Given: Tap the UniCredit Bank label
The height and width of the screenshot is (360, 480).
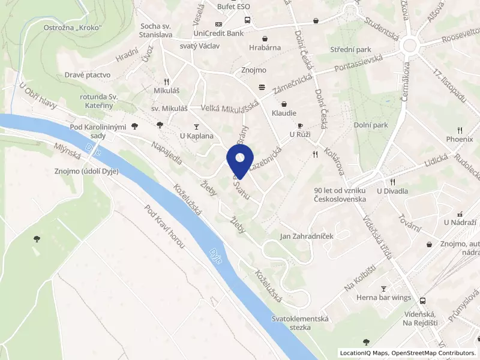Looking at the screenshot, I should (218, 33).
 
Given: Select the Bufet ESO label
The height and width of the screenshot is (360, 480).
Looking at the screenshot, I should (234, 6).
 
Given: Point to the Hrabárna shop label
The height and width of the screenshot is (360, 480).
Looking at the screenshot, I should (265, 47).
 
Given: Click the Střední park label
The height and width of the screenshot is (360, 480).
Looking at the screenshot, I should (350, 49).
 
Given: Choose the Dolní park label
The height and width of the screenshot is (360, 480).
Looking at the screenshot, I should (372, 125).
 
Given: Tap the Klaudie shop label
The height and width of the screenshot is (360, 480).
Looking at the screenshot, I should (284, 112).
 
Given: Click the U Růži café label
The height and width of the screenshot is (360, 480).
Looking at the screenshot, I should (300, 134).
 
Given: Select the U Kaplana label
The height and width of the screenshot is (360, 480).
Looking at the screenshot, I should (197, 136).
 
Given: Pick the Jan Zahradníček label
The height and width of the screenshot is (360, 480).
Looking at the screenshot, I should (307, 236).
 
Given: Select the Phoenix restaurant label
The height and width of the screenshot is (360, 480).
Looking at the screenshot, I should (460, 139).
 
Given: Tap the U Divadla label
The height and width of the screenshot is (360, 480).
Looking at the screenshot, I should (392, 191).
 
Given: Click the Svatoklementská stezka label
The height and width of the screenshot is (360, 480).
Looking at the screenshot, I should (300, 323).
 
